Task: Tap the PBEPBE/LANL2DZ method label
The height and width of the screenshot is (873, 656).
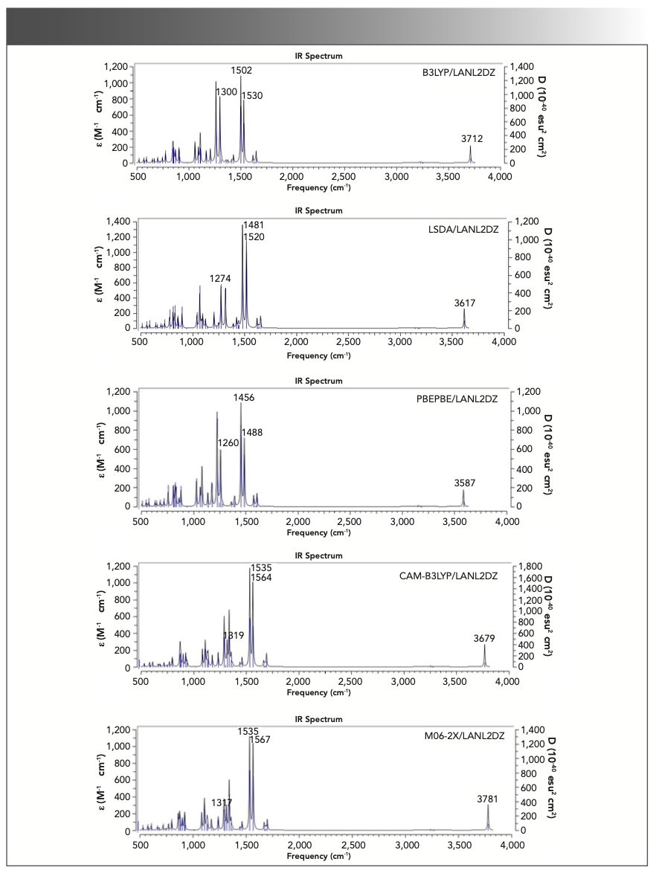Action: (460, 399)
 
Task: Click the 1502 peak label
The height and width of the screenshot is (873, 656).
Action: (241, 70)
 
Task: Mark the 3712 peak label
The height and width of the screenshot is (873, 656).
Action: (471, 138)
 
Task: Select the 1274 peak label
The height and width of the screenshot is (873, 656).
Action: (220, 279)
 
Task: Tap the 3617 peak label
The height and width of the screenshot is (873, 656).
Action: (465, 303)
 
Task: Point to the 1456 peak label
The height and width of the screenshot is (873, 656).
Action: (244, 398)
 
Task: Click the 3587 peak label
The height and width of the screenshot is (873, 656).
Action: (463, 483)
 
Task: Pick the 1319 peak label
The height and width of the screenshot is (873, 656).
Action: (234, 636)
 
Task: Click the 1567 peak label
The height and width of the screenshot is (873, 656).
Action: (260, 739)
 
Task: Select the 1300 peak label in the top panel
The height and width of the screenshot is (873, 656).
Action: (226, 91)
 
